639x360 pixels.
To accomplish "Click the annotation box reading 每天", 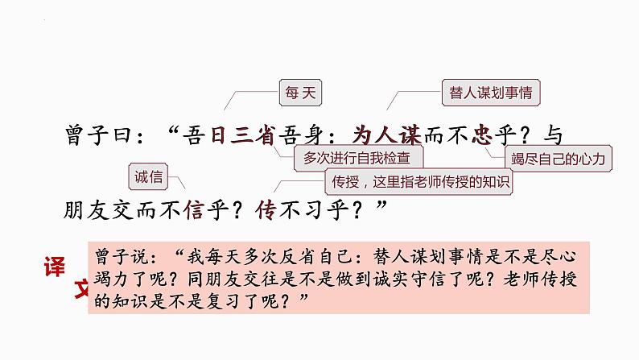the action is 299,93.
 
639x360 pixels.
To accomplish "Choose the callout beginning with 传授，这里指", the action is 418,181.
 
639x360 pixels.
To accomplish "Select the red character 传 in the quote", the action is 266,210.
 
